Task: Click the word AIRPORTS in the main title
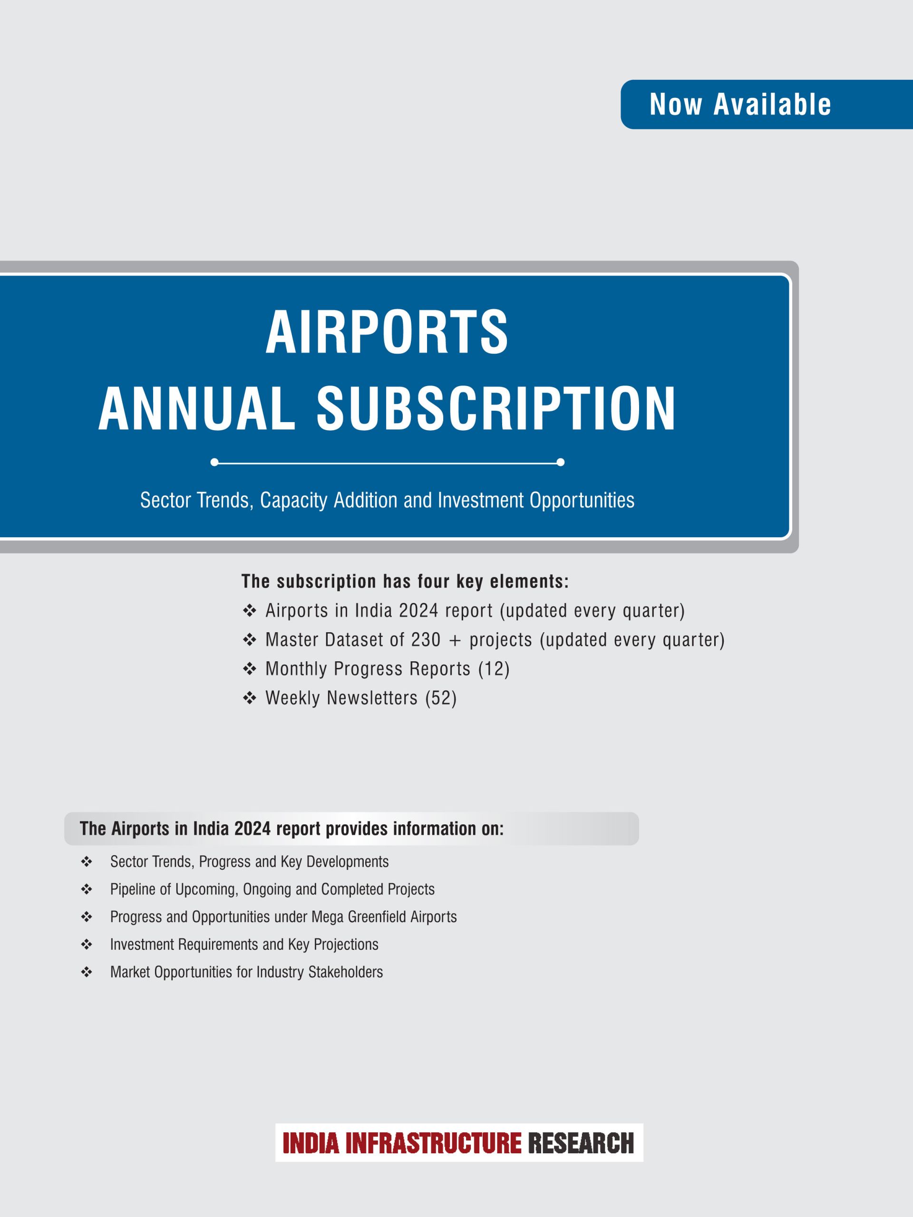pyautogui.click(x=387, y=332)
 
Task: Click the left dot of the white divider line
pyautogui.click(x=214, y=462)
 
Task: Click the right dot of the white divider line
pyautogui.click(x=560, y=462)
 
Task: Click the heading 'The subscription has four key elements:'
pyautogui.click(x=405, y=581)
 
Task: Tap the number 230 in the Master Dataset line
pyautogui.click(x=426, y=639)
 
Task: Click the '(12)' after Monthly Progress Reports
pyautogui.click(x=494, y=668)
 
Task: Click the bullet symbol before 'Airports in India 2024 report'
pyautogui.click(x=249, y=611)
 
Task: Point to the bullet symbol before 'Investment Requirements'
pyautogui.click(x=87, y=945)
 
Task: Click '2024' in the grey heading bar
pyautogui.click(x=253, y=829)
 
